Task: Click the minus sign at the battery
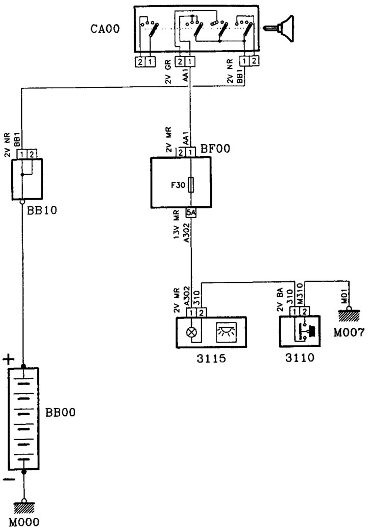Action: (x=7, y=479)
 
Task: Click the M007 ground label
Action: (x=349, y=333)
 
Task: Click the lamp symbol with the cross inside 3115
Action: (x=191, y=331)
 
